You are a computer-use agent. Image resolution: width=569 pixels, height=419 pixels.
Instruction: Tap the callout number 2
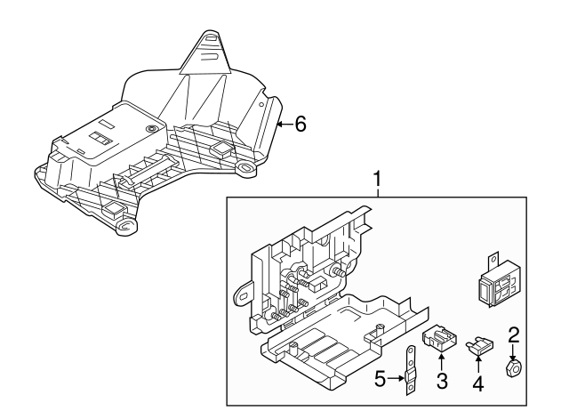click(x=513, y=335)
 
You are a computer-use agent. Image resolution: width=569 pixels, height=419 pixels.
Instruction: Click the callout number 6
click(x=300, y=125)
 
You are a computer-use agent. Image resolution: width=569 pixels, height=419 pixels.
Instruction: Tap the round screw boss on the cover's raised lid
click(x=152, y=130)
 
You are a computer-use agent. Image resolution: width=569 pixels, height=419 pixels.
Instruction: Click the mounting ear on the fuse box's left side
click(x=242, y=290)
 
